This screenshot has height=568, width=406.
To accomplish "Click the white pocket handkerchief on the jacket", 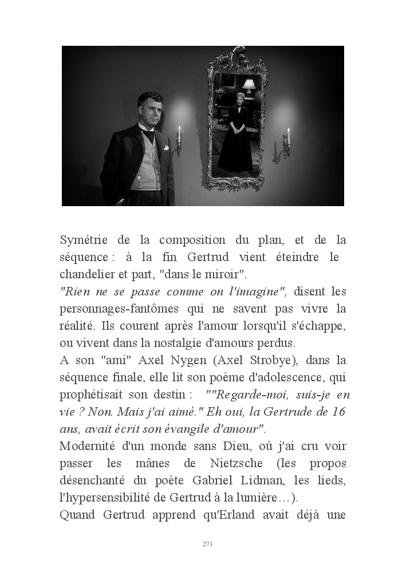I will pyautogui.click(x=166, y=147).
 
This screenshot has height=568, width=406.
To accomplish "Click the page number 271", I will pyautogui.click(x=208, y=543).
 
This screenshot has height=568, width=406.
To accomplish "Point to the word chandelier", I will pyautogui.click(x=88, y=274).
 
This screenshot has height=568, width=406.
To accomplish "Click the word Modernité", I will pyautogui.click(x=91, y=446).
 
